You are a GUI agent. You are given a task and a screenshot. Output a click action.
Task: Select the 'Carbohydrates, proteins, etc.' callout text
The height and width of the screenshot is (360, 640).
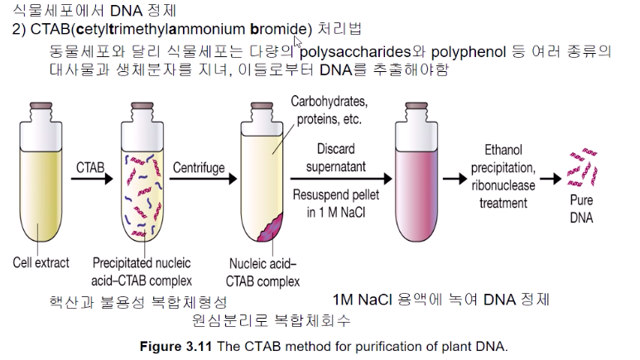click(330, 110)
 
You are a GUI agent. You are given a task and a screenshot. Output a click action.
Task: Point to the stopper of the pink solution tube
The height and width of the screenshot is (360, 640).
click(424, 111)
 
